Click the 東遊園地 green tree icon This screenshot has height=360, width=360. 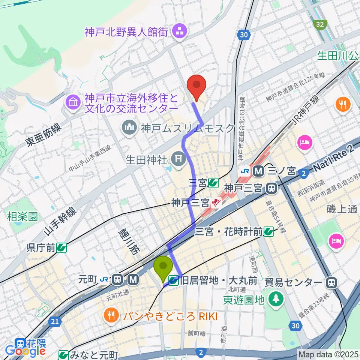click(276, 299)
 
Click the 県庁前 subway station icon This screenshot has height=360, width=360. click(62, 247)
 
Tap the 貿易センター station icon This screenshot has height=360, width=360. click(331, 282)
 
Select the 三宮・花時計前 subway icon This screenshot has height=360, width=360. click(268, 232)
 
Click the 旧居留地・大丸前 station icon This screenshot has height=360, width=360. click(174, 280)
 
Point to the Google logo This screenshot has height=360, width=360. click(25, 351)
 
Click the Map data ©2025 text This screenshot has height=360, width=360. click(328, 354)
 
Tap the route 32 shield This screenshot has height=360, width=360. click(319, 24)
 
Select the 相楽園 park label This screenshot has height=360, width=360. click(22, 216)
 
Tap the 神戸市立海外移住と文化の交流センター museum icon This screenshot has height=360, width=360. click(72, 102)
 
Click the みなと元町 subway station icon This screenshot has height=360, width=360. click(64, 354)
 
